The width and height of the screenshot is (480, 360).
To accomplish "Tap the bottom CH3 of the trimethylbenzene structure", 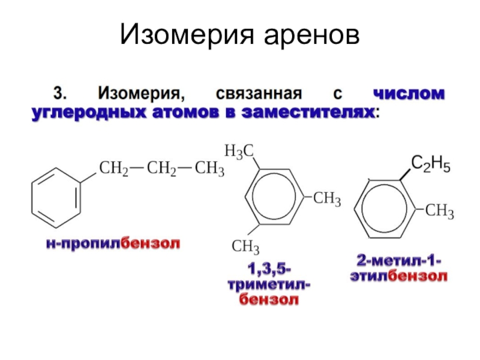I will pyautogui.click(x=245, y=247).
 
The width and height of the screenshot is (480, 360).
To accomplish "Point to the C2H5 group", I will pyautogui.click(x=431, y=163).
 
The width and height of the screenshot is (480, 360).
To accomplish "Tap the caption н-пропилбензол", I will pyautogui.click(x=114, y=244).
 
